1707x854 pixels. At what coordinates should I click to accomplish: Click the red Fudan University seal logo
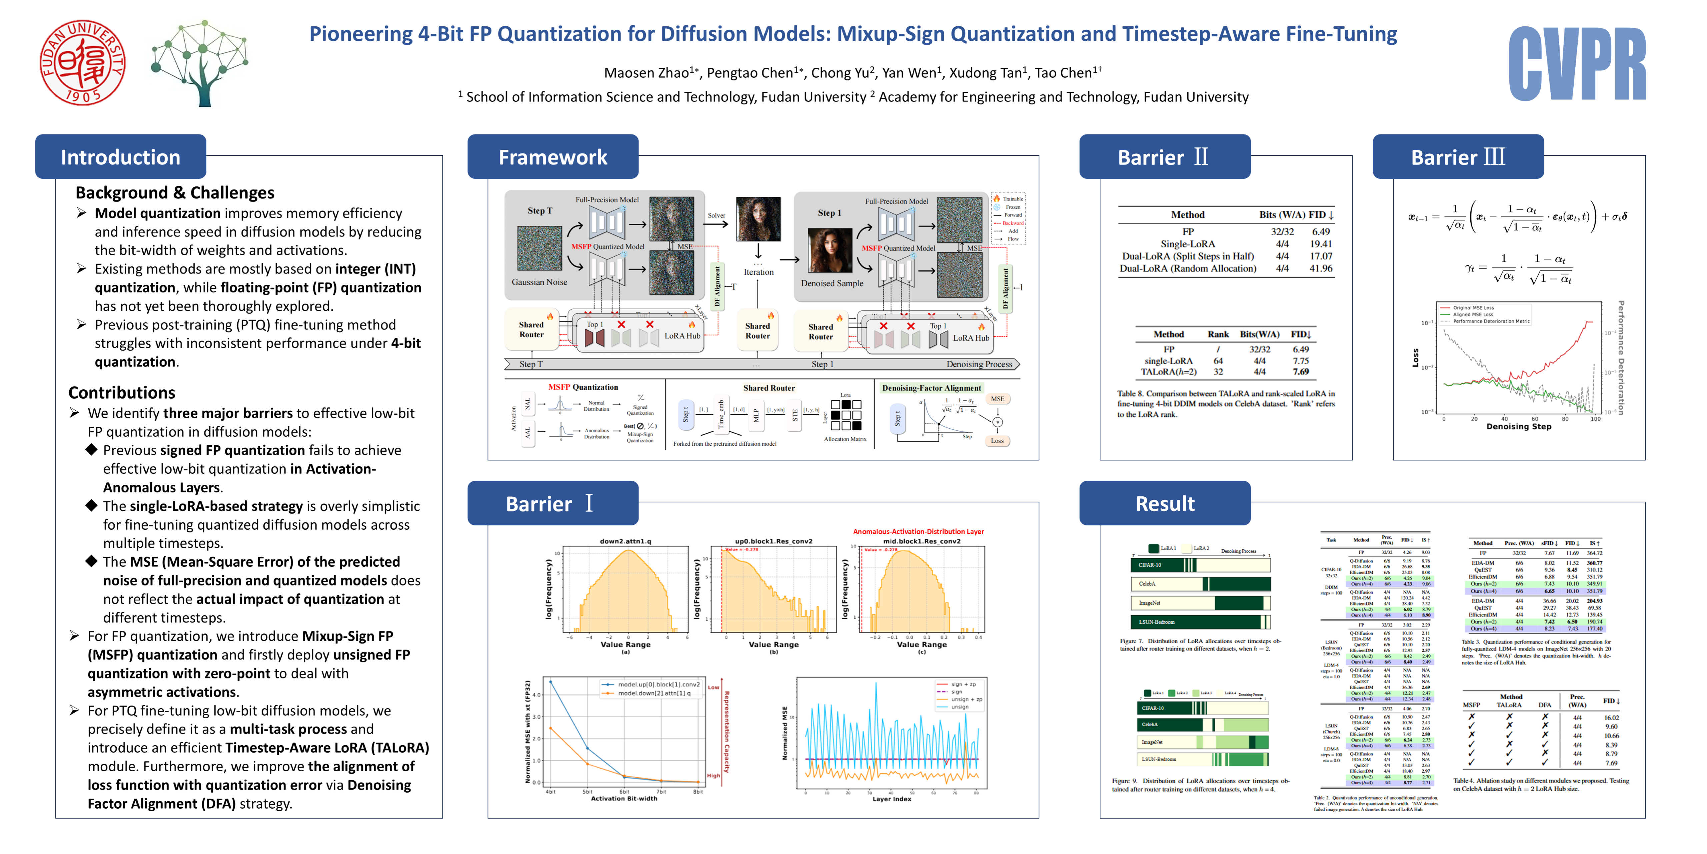point(82,63)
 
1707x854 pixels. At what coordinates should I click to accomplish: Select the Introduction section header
point(121,157)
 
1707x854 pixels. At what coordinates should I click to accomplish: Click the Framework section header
point(553,157)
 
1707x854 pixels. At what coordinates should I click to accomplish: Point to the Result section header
point(1165,504)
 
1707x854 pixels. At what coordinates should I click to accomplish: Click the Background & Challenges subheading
point(175,193)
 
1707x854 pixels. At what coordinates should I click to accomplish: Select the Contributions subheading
point(122,393)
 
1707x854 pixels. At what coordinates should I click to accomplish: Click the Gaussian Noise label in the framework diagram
point(539,282)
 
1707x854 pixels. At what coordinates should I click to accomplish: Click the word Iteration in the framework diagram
point(758,272)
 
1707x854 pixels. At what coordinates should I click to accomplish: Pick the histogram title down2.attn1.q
point(625,541)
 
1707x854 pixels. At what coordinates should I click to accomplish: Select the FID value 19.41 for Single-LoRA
point(1321,244)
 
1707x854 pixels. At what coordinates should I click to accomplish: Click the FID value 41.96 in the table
point(1321,269)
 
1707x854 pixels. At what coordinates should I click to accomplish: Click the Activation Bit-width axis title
point(623,798)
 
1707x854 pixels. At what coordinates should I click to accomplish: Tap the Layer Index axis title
point(891,799)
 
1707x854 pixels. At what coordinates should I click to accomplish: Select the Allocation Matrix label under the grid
point(845,439)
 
